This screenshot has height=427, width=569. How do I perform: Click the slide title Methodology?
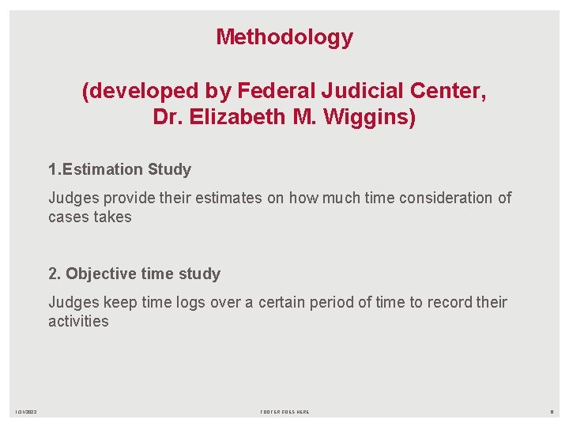(x=284, y=37)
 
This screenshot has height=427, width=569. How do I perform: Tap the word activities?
(x=78, y=321)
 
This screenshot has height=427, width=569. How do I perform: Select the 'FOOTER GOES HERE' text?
(x=284, y=412)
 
